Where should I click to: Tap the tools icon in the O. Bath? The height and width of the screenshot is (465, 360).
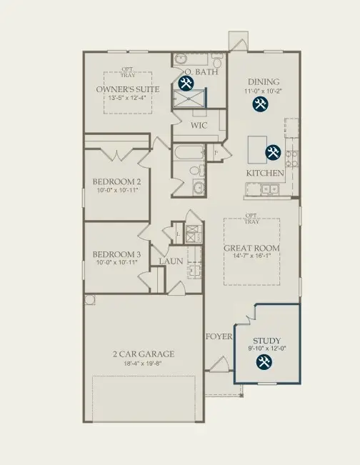[x=186, y=84]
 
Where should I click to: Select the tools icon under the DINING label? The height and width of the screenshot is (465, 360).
[x=260, y=104]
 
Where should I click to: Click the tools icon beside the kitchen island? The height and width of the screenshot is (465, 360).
[x=273, y=152]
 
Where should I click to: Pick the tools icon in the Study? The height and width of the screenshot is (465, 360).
[x=264, y=362]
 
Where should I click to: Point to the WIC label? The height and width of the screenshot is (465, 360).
[x=199, y=126]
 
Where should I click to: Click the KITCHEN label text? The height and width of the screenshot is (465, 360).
[x=265, y=173]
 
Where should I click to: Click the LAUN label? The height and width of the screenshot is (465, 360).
[x=171, y=261]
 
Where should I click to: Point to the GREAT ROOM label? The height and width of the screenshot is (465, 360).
[x=251, y=249]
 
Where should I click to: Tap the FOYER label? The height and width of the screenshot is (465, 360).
[x=217, y=336]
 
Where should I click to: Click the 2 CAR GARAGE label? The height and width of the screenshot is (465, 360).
[x=143, y=354]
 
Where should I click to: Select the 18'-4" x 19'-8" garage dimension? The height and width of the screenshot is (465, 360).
[x=143, y=364]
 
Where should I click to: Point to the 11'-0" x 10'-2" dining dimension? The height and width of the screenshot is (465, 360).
[x=263, y=91]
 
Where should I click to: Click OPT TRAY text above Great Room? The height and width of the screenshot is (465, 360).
[x=251, y=219]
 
